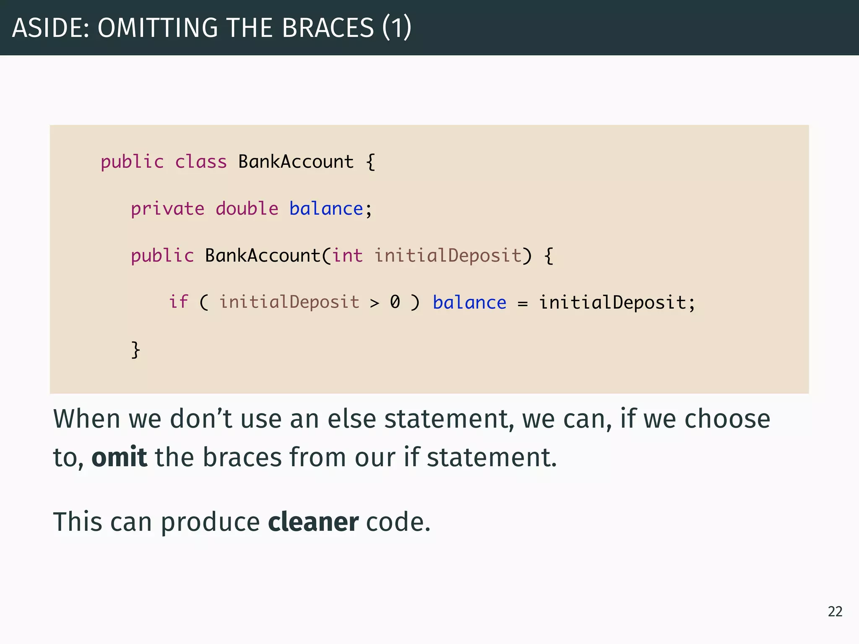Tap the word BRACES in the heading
coord(328,28)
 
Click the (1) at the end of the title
coord(396,28)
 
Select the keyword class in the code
coord(200,162)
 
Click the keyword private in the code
coord(167,209)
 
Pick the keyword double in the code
coord(247,209)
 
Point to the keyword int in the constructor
coord(347,256)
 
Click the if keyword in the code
coord(178,302)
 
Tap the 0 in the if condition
coord(395,302)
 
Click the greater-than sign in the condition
coord(374,303)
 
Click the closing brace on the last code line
coord(135,349)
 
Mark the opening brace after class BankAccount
coord(370,162)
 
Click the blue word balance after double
coord(326,209)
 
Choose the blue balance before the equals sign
coord(469,303)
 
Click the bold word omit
coord(119,457)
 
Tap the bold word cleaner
coord(313,522)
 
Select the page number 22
coord(835,612)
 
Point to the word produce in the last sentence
coord(210,522)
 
